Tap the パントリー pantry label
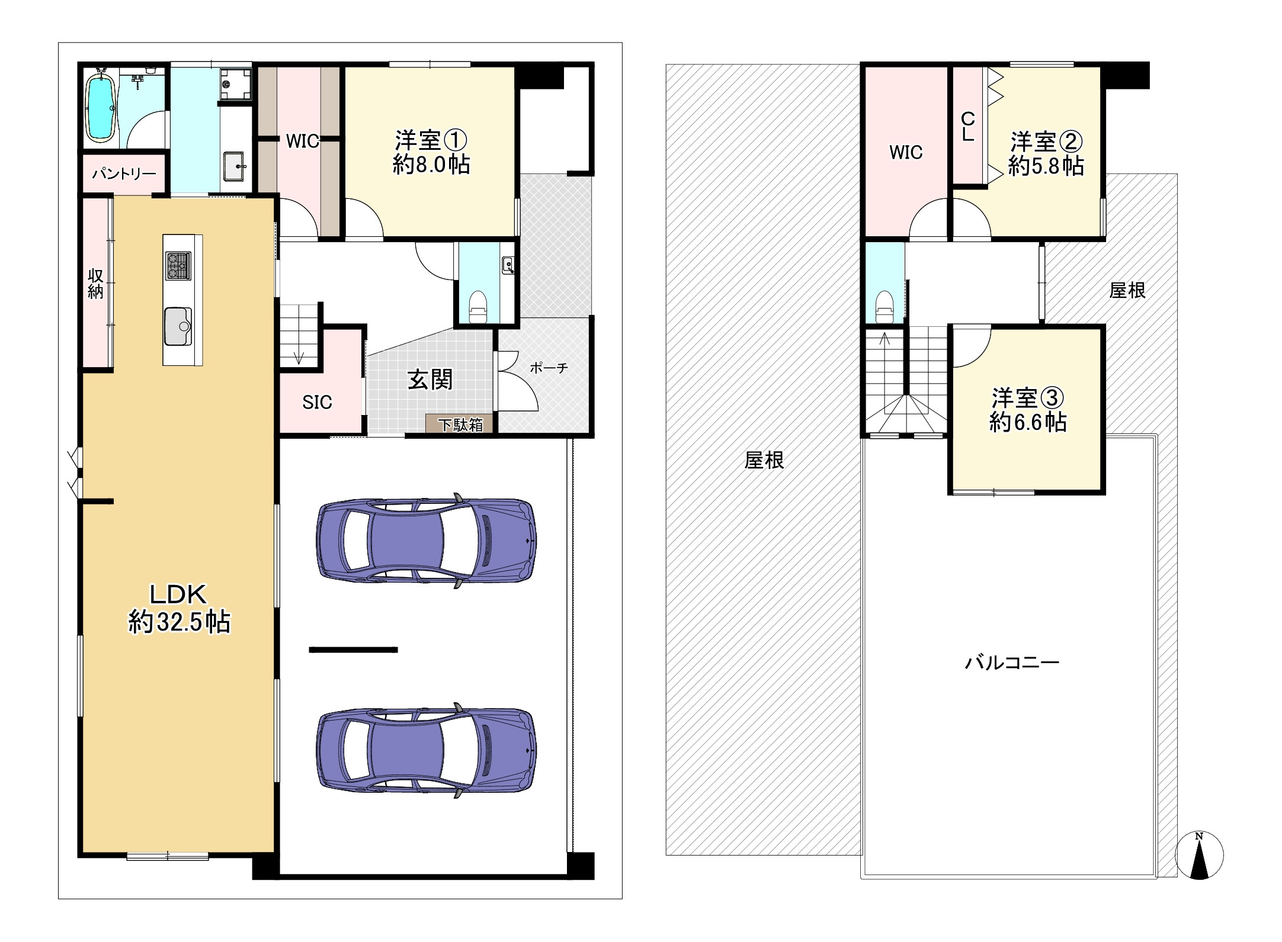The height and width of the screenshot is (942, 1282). click(x=124, y=173)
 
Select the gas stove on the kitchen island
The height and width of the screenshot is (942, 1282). click(x=178, y=266)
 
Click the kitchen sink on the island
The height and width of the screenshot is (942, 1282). click(x=178, y=326)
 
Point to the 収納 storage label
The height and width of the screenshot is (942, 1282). click(x=95, y=284)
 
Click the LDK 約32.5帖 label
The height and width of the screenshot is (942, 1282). click(x=180, y=608)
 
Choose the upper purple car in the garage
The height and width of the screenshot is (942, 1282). click(x=427, y=540)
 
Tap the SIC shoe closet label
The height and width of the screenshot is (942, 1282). click(x=317, y=403)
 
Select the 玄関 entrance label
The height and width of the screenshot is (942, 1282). click(x=430, y=380)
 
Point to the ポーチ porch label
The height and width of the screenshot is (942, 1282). click(x=549, y=368)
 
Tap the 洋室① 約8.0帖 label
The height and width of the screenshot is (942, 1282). click(x=431, y=153)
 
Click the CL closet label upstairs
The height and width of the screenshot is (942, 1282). click(x=967, y=127)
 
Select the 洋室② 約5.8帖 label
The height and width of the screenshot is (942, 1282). click(x=1046, y=154)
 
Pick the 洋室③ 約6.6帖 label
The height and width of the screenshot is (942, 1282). click(x=1028, y=410)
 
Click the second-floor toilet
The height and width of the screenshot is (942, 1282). click(x=884, y=307)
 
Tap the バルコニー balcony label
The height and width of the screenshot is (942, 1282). click(x=1012, y=662)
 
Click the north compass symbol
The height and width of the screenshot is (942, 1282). click(x=1199, y=855)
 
